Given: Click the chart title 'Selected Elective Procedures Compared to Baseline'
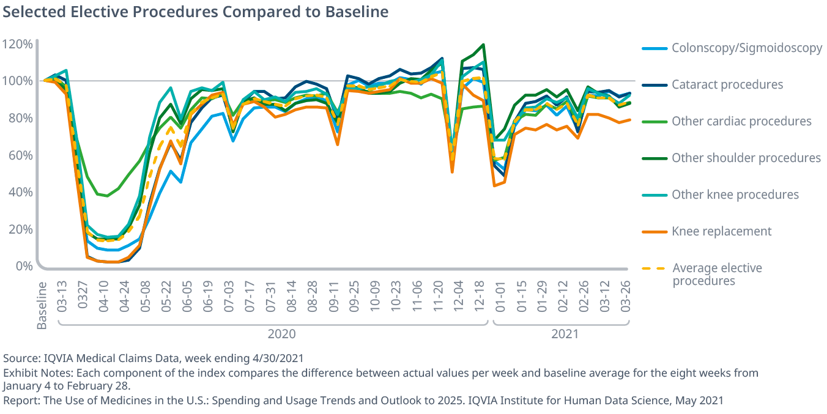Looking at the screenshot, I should click(x=196, y=12).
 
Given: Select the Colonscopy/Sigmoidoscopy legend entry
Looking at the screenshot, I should click(x=746, y=48).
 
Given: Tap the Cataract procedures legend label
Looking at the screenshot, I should click(x=727, y=84).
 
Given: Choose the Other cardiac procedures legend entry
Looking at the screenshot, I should click(x=741, y=121).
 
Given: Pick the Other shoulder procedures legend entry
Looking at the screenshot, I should click(x=746, y=158).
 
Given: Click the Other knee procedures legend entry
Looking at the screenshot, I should click(x=735, y=194).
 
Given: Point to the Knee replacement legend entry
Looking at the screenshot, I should click(x=721, y=231).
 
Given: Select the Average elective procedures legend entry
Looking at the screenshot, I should click(x=717, y=274).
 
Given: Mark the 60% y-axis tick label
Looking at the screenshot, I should click(x=20, y=155).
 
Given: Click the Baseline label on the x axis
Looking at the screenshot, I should click(x=42, y=305).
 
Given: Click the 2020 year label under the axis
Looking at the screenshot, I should click(x=281, y=334).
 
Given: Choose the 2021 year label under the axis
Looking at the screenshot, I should click(x=565, y=334).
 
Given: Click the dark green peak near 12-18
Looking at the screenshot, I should click(x=483, y=45).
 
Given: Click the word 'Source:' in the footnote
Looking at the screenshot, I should click(x=21, y=358).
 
